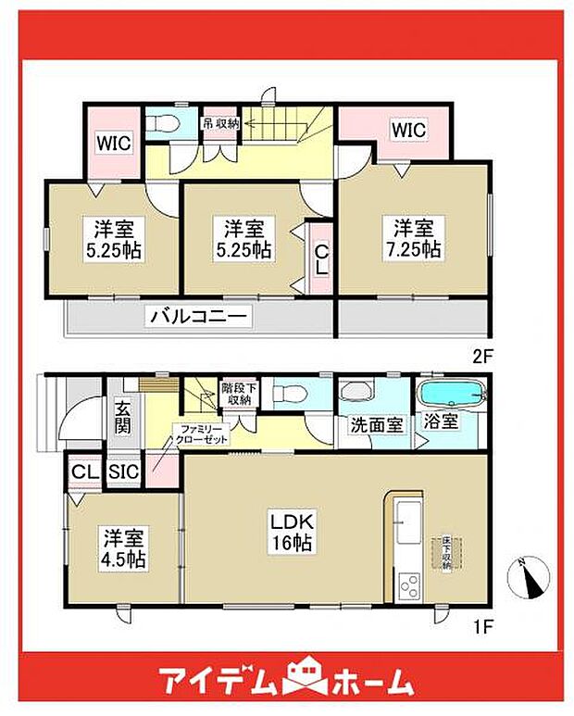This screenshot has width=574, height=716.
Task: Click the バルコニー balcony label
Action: [x=198, y=317]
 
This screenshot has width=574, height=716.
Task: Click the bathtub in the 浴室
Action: [x=451, y=395]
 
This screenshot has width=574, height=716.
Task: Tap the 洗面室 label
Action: [x=376, y=425]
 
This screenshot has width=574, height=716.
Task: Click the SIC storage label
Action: [x=123, y=471]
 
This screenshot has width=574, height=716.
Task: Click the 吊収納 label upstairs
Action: [x=222, y=121]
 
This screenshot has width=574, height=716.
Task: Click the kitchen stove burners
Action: [x=407, y=585]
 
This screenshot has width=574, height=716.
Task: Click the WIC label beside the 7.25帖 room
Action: [x=408, y=131]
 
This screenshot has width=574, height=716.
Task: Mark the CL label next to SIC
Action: [x=85, y=471]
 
